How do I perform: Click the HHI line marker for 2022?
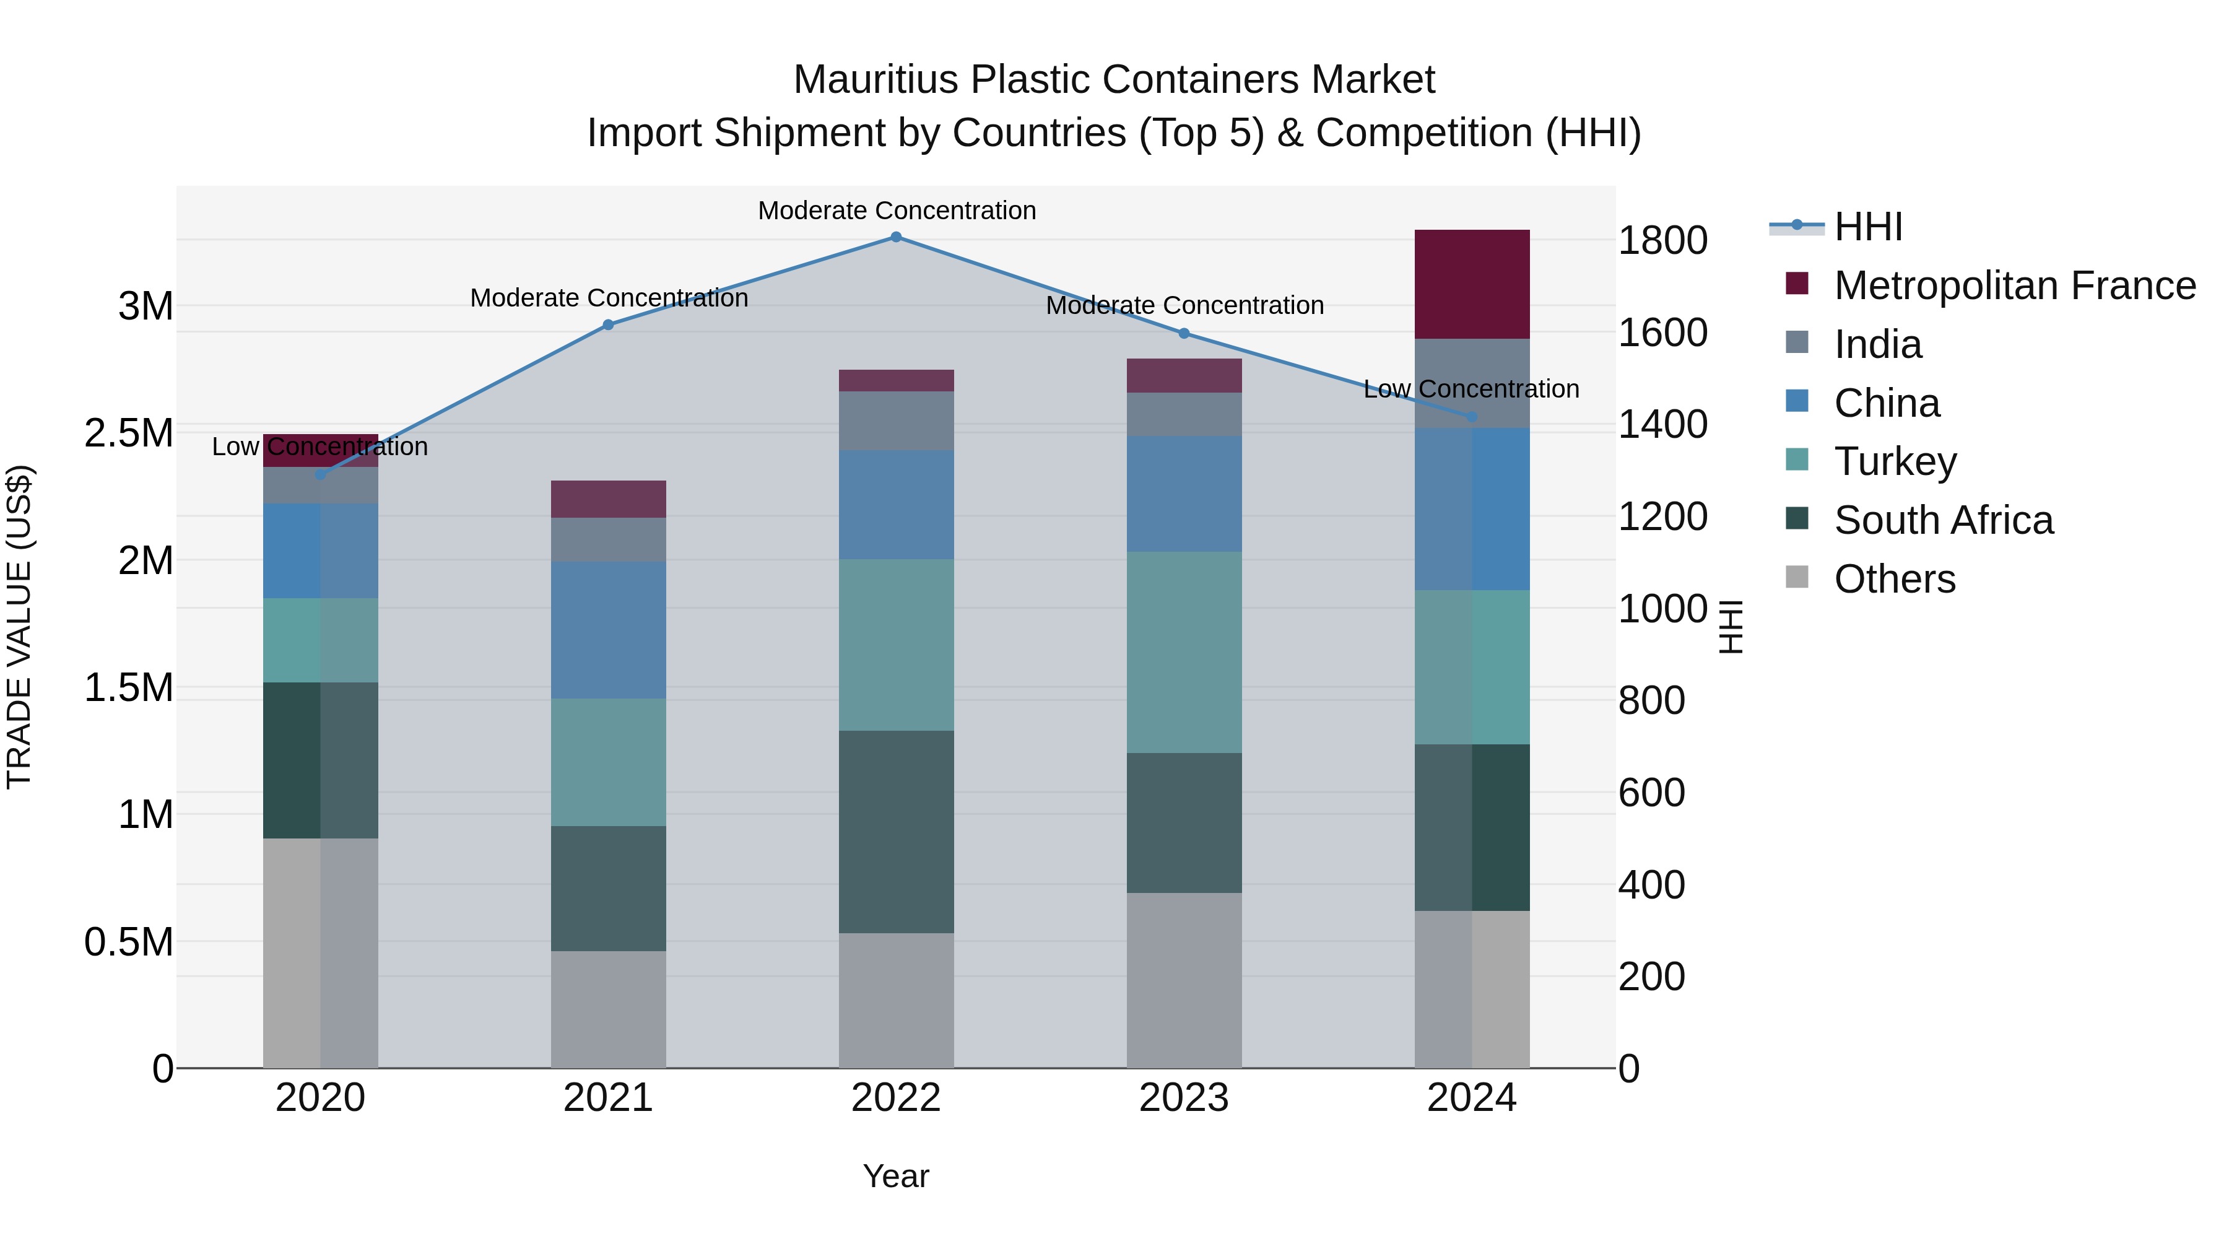897,237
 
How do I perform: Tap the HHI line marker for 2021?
608,324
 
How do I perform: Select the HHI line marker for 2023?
1184,333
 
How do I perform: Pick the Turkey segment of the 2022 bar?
897,645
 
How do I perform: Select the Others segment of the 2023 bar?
1184,980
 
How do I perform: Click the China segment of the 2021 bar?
608,629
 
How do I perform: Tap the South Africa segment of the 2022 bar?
897,832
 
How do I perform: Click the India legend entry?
1878,344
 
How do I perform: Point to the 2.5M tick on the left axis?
129,433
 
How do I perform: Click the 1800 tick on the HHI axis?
1662,241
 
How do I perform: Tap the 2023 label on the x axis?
1184,1098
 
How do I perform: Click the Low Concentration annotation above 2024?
1471,390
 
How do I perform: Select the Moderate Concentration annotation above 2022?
897,211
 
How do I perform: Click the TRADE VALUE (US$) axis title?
19,627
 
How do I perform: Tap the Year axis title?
895,1176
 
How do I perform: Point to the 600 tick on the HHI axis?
1651,793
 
